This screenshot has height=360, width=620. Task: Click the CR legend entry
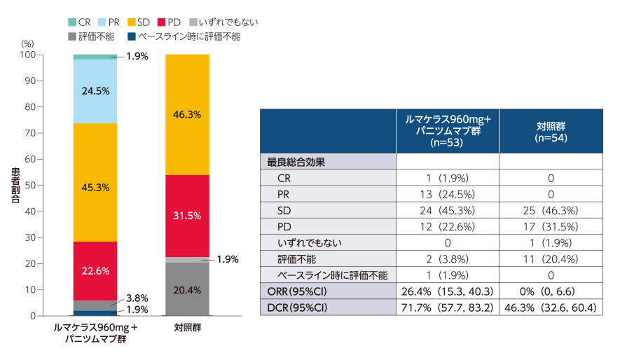pos(76,22)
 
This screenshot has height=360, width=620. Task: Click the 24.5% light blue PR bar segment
pos(95,91)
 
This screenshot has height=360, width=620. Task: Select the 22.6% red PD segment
pos(95,270)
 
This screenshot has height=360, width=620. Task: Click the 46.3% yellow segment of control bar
pos(186,116)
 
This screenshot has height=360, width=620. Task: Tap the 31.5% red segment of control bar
pos(186,216)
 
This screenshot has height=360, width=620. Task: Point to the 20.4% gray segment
pos(186,289)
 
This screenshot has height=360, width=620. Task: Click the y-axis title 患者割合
pos(15,186)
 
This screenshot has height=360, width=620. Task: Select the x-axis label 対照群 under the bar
pos(186,327)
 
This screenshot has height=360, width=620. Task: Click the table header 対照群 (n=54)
pos(551,131)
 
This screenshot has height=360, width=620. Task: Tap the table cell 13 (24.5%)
pos(448,193)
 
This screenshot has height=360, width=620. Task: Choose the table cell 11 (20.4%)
pos(551,258)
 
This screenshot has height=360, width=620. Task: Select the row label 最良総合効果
pos(295,161)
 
